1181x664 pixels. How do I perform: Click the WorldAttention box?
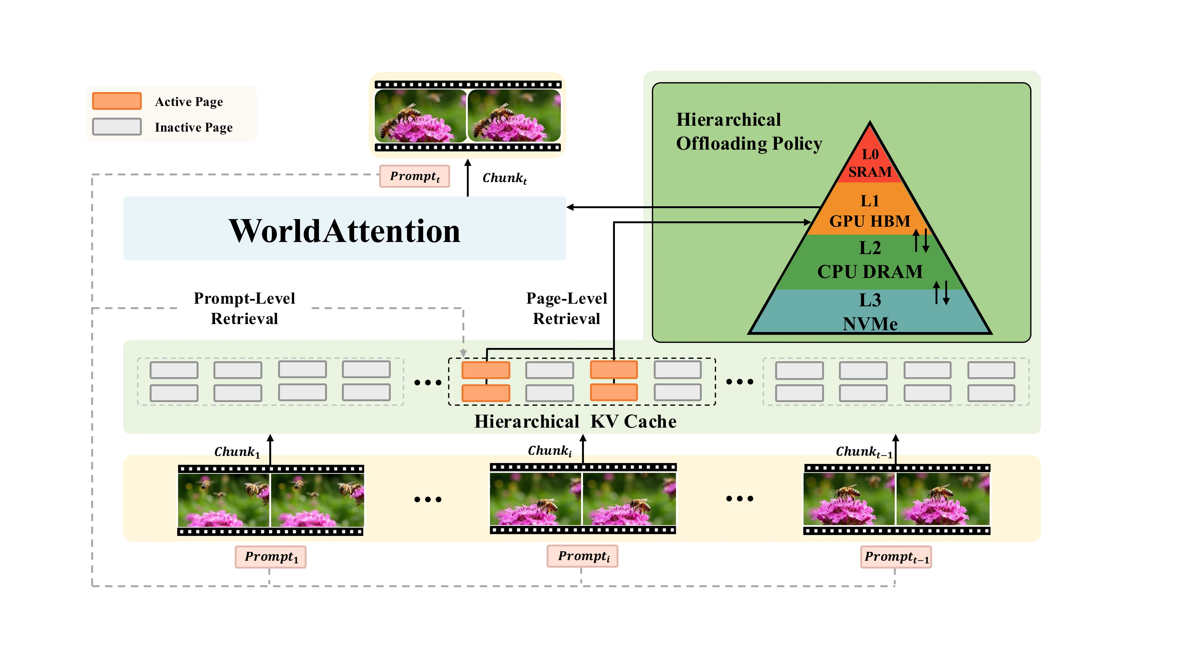pos(344,228)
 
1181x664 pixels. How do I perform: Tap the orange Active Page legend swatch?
pos(117,101)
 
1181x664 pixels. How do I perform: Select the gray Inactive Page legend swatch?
pos(117,127)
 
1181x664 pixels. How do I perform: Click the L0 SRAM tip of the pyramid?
pos(870,158)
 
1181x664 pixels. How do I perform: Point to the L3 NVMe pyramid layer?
pos(870,311)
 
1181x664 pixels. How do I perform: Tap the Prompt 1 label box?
pos(271,557)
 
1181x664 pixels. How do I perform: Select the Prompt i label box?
pos(582,556)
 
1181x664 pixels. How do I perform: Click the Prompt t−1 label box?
pos(896,557)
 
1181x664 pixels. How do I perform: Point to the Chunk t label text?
pos(505,178)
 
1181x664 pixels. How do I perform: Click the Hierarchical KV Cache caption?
pos(575,421)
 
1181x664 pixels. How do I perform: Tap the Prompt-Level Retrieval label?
pos(244,308)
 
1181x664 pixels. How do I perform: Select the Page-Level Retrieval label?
pos(567,308)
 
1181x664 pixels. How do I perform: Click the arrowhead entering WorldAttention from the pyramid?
pos(570,207)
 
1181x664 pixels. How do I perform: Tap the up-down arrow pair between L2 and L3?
pos(941,293)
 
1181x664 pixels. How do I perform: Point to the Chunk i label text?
pos(550,451)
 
